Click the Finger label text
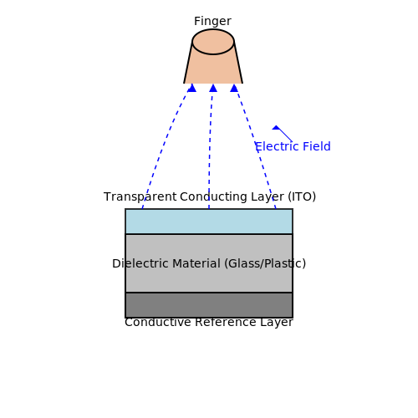[212, 21]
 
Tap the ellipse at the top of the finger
[213, 42]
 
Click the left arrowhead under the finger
[191, 88]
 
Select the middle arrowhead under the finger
[213, 88]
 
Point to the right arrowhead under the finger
[234, 88]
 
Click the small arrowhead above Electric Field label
[276, 128]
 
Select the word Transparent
[140, 196]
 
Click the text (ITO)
[302, 196]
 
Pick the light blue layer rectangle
[209, 222]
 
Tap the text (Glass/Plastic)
[265, 263]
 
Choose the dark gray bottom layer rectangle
[209, 305]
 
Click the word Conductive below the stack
[158, 322]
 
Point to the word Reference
[226, 322]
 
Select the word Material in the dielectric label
[196, 263]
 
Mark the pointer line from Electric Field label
[284, 135]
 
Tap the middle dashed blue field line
[210, 150]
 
